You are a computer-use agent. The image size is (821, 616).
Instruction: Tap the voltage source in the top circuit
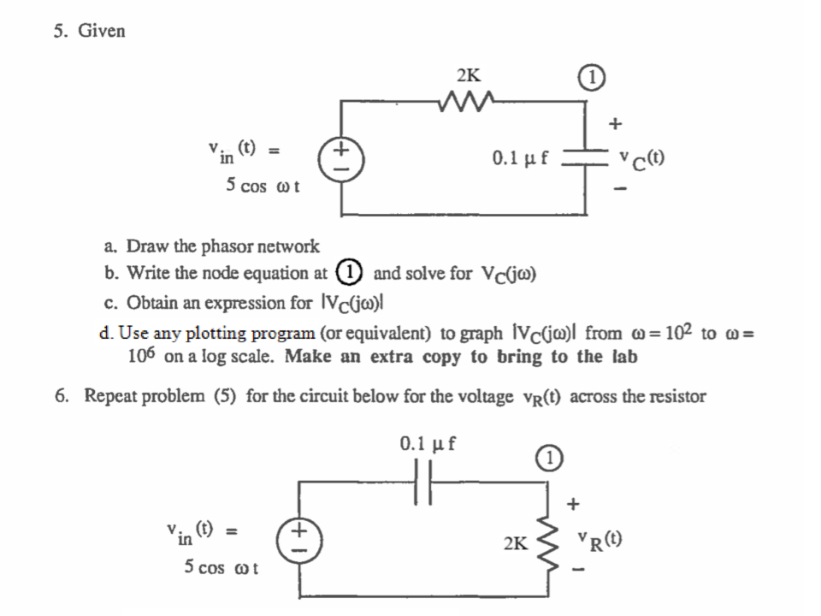pyautogui.click(x=342, y=158)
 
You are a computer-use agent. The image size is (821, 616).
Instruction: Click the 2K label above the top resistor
pyautogui.click(x=467, y=75)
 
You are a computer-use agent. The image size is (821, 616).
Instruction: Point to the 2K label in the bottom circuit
pyautogui.click(x=516, y=543)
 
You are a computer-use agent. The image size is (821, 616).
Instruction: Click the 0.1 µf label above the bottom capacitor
pyautogui.click(x=428, y=444)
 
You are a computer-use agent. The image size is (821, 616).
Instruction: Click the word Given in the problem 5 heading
pyautogui.click(x=102, y=32)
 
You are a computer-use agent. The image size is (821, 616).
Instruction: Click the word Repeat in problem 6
pyautogui.click(x=108, y=397)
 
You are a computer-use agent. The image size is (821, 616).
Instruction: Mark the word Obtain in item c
pyautogui.click(x=151, y=303)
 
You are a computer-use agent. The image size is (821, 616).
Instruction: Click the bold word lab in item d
pyautogui.click(x=623, y=357)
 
